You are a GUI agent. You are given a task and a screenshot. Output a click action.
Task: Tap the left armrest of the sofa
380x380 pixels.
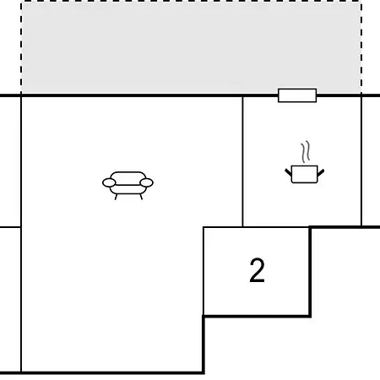pyautogui.click(x=109, y=182)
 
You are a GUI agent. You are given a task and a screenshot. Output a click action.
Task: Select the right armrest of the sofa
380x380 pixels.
pyautogui.click(x=146, y=182)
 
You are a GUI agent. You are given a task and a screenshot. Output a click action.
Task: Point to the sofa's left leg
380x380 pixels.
pyautogui.click(x=116, y=197)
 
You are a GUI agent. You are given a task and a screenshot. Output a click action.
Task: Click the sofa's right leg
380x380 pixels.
pyautogui.click(x=141, y=197)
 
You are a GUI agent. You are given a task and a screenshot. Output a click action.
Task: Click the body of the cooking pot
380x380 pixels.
pyautogui.click(x=304, y=174)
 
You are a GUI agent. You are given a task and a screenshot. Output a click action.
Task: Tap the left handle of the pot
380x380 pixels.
pyautogui.click(x=288, y=172)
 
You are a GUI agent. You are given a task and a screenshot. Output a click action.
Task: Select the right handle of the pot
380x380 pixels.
pyautogui.click(x=321, y=172)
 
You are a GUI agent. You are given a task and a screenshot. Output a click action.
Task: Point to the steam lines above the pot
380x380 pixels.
pyautogui.click(x=306, y=152)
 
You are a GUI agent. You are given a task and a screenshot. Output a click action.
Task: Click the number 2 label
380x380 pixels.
pyautogui.click(x=257, y=270)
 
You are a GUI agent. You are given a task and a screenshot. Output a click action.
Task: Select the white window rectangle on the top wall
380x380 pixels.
pyautogui.click(x=297, y=95)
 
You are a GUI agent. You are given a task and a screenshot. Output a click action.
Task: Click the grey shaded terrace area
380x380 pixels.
pyautogui.click(x=191, y=48)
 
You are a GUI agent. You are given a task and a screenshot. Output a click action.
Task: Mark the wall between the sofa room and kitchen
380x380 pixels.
pyautogui.click(x=242, y=161)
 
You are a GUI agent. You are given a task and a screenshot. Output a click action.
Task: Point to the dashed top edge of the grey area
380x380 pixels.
pyautogui.click(x=191, y=1)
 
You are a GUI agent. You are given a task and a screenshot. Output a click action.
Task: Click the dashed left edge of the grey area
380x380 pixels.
pyautogui.click(x=21, y=47)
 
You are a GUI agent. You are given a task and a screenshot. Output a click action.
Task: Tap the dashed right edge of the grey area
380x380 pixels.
pyautogui.click(x=361, y=47)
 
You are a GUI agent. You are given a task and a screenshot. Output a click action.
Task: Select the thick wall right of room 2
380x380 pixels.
pyautogui.click(x=310, y=272)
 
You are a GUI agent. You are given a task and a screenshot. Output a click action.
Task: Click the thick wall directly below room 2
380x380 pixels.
pyautogui.click(x=257, y=317)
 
